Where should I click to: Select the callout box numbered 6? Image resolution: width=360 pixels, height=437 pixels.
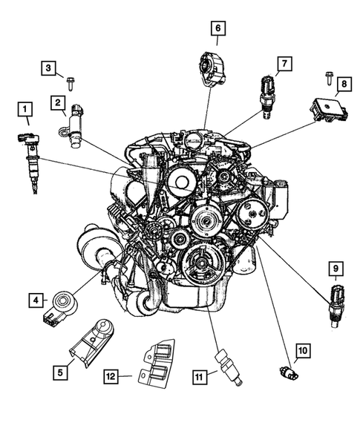217,29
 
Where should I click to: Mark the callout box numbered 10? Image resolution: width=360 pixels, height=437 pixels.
302,349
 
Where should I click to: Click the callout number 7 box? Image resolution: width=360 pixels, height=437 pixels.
283,65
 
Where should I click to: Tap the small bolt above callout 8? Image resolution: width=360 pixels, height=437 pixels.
327,76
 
